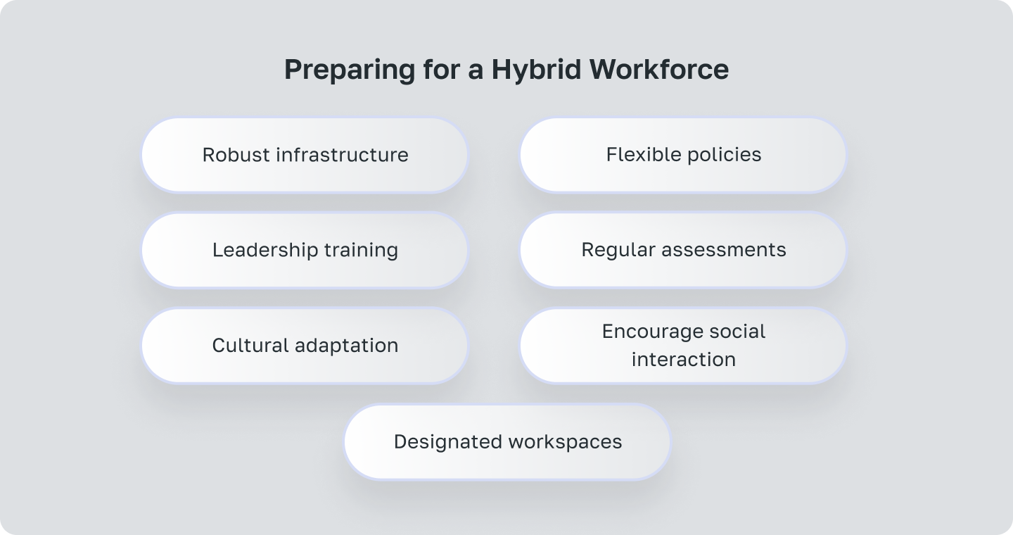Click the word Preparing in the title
(350, 70)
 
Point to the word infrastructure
(343, 155)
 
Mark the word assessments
(724, 251)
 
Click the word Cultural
(250, 346)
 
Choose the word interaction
(684, 360)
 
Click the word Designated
(447, 442)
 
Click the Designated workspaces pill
(507, 442)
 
